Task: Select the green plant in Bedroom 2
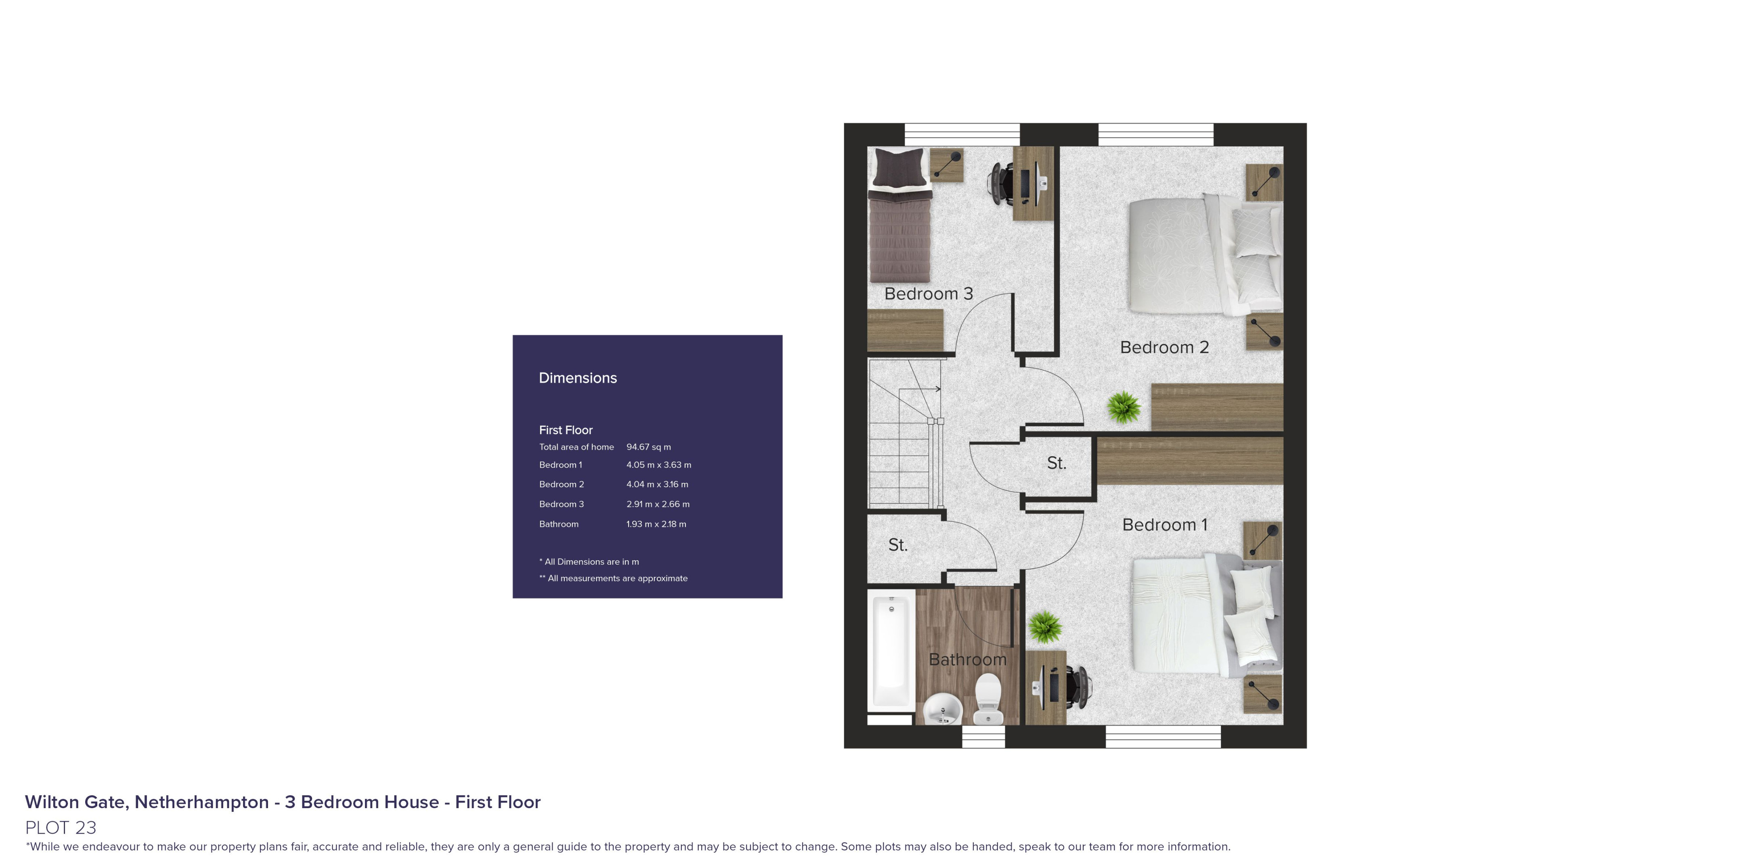pos(1124,407)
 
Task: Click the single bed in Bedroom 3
pos(899,217)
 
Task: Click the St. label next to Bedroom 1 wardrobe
pos(1056,463)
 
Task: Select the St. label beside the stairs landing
pos(898,545)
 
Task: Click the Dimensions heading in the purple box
pos(577,378)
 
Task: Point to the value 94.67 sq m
pos(648,447)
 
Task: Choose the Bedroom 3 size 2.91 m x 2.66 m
pos(657,504)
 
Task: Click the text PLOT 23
pos(61,827)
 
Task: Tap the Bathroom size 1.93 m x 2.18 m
pos(655,524)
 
